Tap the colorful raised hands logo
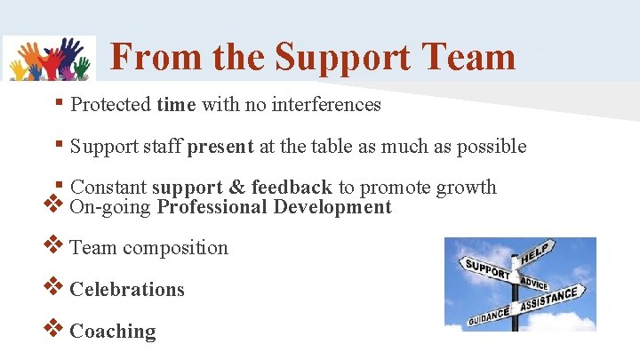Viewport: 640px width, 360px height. click(x=50, y=59)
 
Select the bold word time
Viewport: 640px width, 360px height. click(x=176, y=105)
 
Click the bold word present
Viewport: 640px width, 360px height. click(x=220, y=146)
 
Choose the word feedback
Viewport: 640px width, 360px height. click(x=292, y=187)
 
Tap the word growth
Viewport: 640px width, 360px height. click(x=465, y=187)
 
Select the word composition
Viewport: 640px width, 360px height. click(x=175, y=248)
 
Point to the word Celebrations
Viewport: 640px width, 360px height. click(x=127, y=289)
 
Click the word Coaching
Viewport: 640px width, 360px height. click(x=113, y=331)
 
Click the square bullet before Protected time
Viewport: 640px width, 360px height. click(x=58, y=103)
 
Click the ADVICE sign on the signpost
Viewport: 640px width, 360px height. click(x=534, y=283)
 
